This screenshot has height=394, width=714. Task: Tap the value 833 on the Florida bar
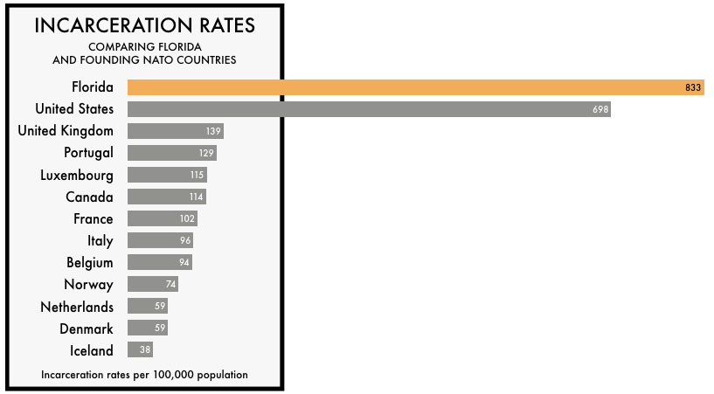tap(694, 87)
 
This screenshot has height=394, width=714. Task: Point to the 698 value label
tap(600, 109)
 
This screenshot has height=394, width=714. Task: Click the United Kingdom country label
tap(66, 131)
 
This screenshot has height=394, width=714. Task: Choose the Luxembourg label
tap(77, 175)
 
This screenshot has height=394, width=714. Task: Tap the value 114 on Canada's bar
tap(197, 197)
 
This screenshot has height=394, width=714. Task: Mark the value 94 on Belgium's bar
tap(184, 262)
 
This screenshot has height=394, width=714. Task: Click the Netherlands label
tap(77, 307)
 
